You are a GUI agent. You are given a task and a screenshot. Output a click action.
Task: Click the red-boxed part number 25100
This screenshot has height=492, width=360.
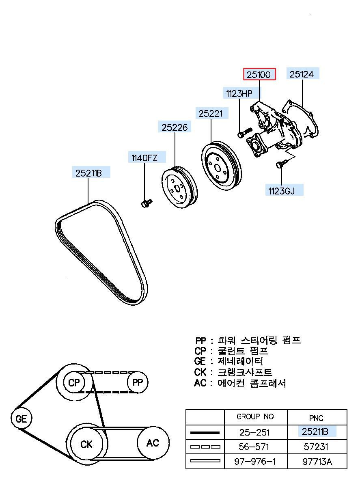click(x=259, y=74)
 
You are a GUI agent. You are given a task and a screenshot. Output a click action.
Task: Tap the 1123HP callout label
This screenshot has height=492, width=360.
click(x=239, y=94)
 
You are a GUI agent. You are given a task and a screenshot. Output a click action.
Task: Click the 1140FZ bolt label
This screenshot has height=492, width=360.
click(x=143, y=158)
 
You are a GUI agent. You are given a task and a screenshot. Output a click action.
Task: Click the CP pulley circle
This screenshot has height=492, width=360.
click(x=74, y=382)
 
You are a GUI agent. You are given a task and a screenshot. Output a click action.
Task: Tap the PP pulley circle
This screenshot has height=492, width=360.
click(x=138, y=382)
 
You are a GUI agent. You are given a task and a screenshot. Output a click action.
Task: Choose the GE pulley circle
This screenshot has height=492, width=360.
click(x=21, y=419)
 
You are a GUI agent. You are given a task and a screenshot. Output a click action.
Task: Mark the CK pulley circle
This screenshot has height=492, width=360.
click(x=86, y=444)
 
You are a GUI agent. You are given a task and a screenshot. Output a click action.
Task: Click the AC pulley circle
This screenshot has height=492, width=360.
click(x=153, y=442)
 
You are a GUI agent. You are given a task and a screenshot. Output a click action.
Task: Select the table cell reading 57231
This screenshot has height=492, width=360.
click(x=317, y=447)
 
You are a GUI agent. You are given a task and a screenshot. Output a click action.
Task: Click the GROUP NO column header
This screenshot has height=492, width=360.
click(x=255, y=417)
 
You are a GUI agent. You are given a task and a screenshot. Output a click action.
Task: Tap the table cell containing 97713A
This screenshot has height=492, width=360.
click(x=317, y=462)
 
